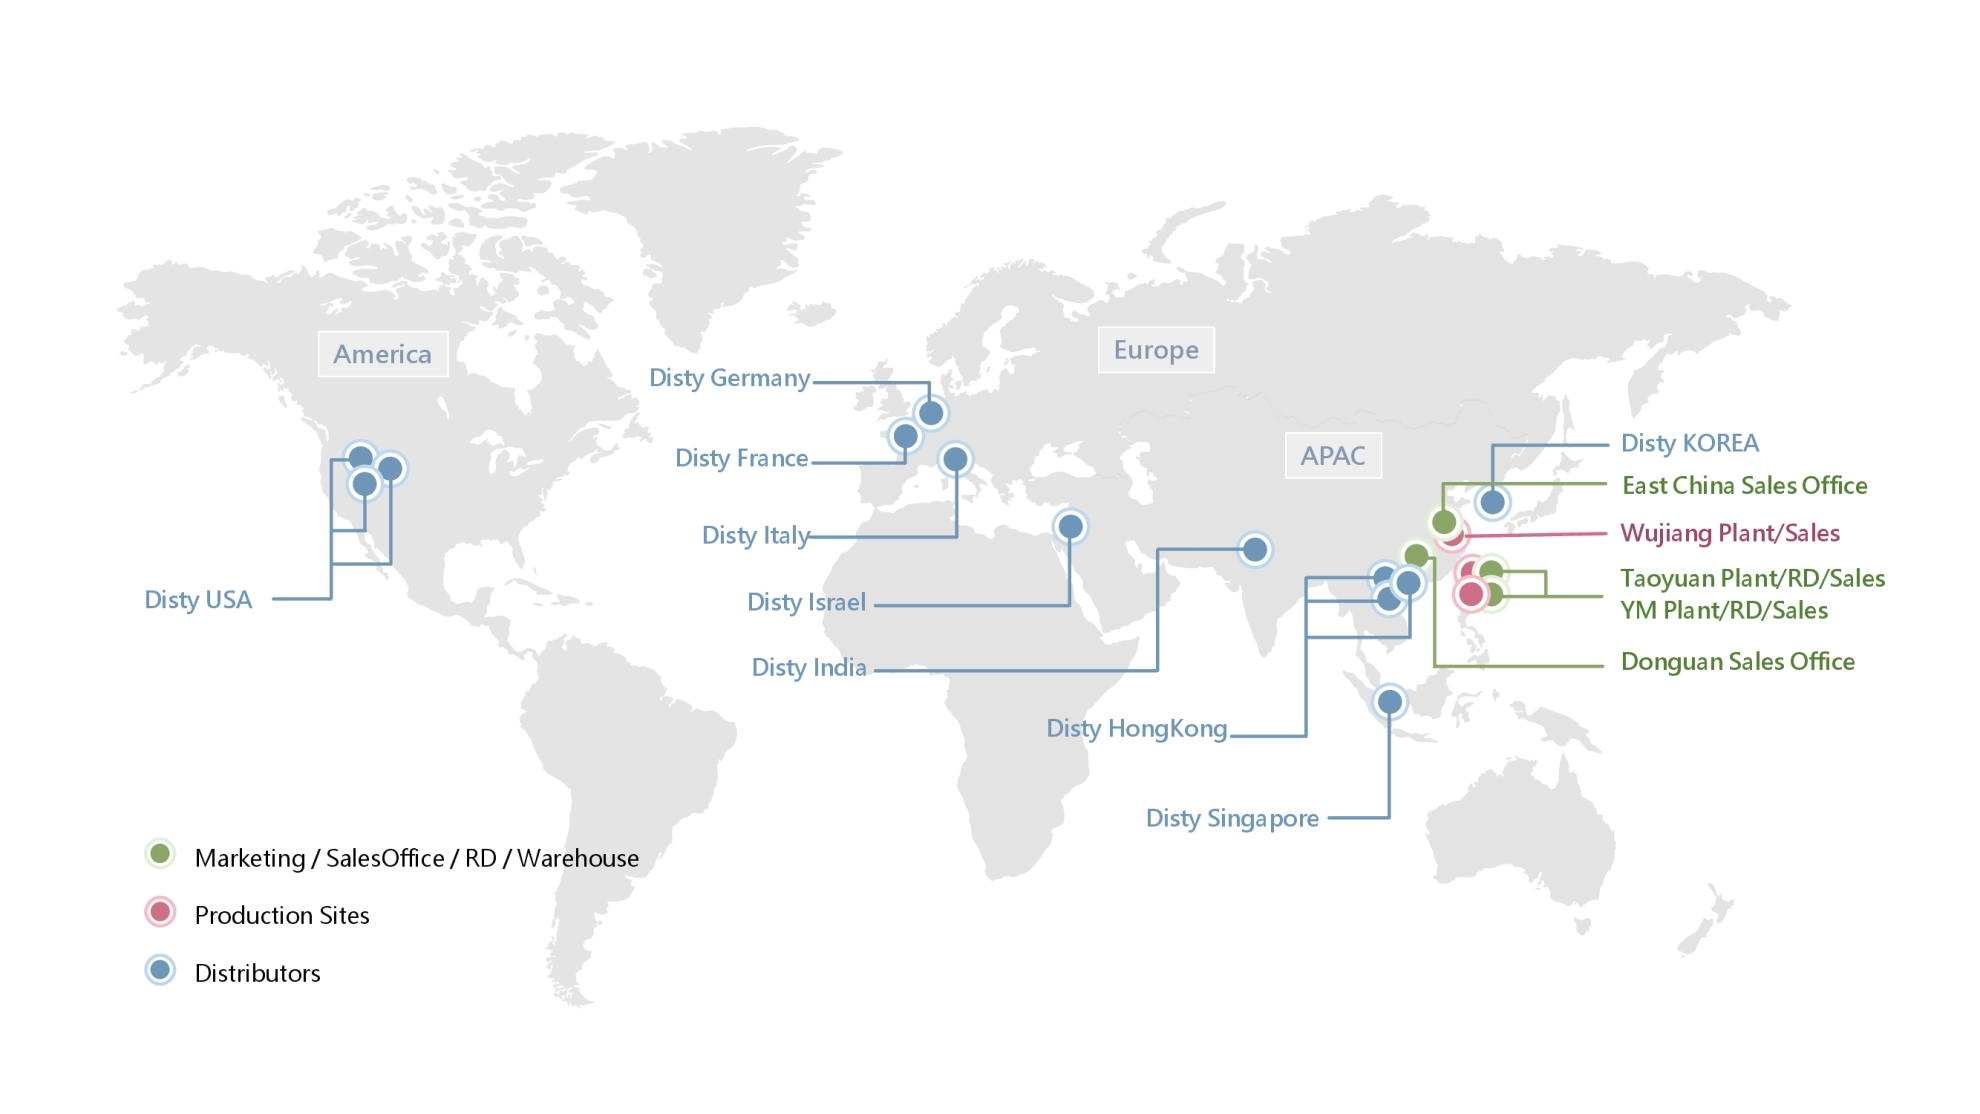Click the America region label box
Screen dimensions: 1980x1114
pos(383,354)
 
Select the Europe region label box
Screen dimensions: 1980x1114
pos(1156,350)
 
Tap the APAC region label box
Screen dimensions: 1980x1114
pos(1333,456)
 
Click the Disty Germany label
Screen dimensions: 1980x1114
pos(729,378)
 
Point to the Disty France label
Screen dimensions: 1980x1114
pos(741,458)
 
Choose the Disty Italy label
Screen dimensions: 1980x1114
pos(755,536)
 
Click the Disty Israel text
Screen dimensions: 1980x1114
pos(806,602)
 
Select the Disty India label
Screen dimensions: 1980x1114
pos(808,668)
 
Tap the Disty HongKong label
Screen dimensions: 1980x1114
pos(1136,729)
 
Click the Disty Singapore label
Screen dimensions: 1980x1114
pos(1232,819)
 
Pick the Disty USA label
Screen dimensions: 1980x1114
pos(198,600)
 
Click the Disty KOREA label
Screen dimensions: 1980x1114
pos(1689,443)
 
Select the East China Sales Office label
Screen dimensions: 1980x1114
pos(1744,486)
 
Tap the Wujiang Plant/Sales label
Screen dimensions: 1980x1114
pos(1730,533)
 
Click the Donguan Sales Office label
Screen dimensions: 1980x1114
pos(1737,662)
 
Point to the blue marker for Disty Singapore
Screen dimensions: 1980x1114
pos(1389,702)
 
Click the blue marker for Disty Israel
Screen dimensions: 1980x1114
pos(1070,526)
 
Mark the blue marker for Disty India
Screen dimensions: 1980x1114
pos(1254,549)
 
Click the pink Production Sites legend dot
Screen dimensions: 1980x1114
pos(160,912)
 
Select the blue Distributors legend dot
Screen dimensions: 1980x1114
pos(160,970)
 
